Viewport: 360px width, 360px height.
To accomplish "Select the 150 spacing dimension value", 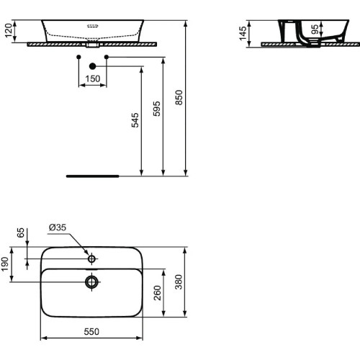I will pyautogui.click(x=92, y=78).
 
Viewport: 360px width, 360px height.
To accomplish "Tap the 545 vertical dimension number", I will pyautogui.click(x=135, y=120).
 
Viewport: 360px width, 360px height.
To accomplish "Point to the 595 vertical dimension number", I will pyautogui.click(x=158, y=109).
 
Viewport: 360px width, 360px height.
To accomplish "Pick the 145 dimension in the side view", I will pyautogui.click(x=243, y=32).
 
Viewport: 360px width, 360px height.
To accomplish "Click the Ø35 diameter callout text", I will pyautogui.click(x=58, y=228).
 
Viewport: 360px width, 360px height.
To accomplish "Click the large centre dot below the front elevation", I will pyautogui.click(x=92, y=67).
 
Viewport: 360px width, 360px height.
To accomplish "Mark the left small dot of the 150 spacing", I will pyautogui.click(x=78, y=56).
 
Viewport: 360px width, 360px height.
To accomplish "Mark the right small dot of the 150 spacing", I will pyautogui.click(x=107, y=56).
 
